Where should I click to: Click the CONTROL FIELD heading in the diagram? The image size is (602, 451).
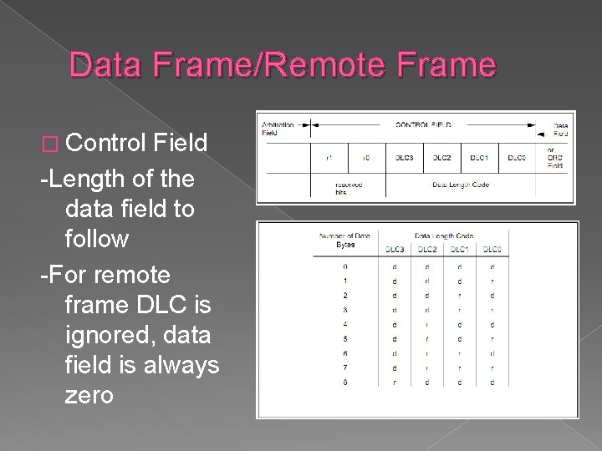(424, 124)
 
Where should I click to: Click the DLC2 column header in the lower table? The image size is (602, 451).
(427, 249)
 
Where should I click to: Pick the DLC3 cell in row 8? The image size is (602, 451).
(394, 382)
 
